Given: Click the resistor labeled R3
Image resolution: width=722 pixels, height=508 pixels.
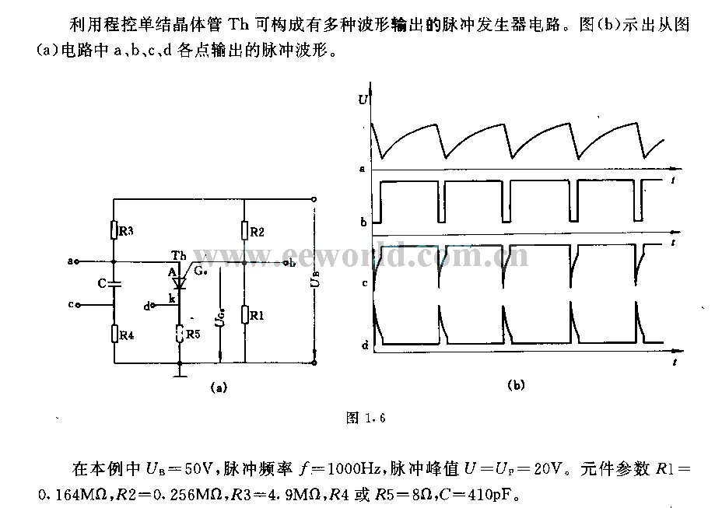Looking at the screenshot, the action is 114,229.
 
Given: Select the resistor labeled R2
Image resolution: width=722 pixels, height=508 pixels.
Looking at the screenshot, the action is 245,230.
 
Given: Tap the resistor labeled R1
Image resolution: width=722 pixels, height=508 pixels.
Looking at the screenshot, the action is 245,314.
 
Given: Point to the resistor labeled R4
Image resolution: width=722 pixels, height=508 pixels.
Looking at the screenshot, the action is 114,333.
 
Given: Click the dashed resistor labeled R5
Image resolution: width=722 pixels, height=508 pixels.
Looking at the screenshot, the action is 180,334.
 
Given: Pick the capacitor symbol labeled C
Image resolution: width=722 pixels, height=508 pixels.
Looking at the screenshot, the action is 114,283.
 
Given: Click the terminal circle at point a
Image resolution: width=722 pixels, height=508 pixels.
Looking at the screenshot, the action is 76,261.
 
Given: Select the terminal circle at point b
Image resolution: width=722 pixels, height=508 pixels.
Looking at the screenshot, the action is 286,263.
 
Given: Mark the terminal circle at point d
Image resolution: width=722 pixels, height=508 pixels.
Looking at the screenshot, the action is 153,305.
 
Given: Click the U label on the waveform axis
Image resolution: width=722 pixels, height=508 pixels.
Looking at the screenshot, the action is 363,99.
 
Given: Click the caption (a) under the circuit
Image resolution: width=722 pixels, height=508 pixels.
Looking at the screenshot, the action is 219,387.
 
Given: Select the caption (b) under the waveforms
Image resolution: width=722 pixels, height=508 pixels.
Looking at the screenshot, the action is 516,385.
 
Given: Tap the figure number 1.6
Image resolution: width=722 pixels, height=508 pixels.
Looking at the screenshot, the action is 375,419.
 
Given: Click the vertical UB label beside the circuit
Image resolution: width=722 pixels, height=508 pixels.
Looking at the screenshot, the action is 315,279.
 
